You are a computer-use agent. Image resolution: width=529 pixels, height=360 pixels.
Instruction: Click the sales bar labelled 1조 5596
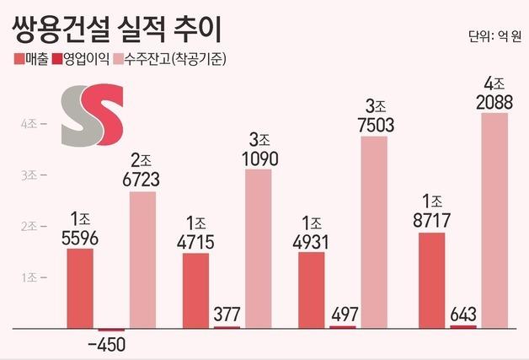tap(80, 287)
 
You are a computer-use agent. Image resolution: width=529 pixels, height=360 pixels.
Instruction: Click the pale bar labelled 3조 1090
tap(259, 248)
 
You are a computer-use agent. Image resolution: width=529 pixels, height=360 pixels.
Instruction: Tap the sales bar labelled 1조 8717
tap(431, 279)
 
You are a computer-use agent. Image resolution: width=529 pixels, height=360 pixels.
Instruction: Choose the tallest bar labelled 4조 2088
tap(494, 219)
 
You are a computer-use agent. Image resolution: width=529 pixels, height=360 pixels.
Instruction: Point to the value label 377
tap(227, 314)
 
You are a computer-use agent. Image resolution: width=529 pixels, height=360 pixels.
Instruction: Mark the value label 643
tap(462, 312)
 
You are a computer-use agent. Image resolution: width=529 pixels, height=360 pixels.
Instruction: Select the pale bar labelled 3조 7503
tap(374, 231)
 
